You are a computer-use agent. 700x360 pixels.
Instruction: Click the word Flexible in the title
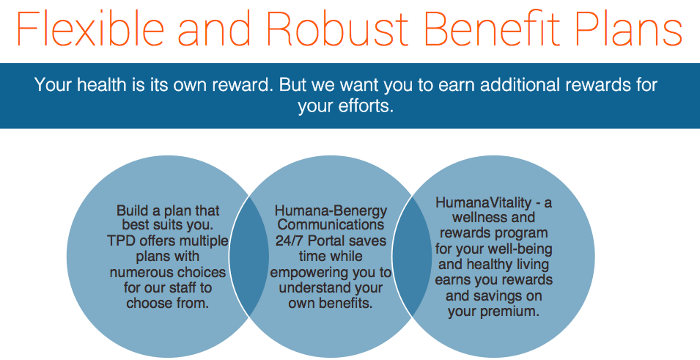click(90, 28)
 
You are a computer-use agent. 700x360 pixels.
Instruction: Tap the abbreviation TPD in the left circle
click(122, 240)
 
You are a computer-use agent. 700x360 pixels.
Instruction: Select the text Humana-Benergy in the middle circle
click(331, 210)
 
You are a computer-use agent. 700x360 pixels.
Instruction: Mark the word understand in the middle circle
click(315, 287)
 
